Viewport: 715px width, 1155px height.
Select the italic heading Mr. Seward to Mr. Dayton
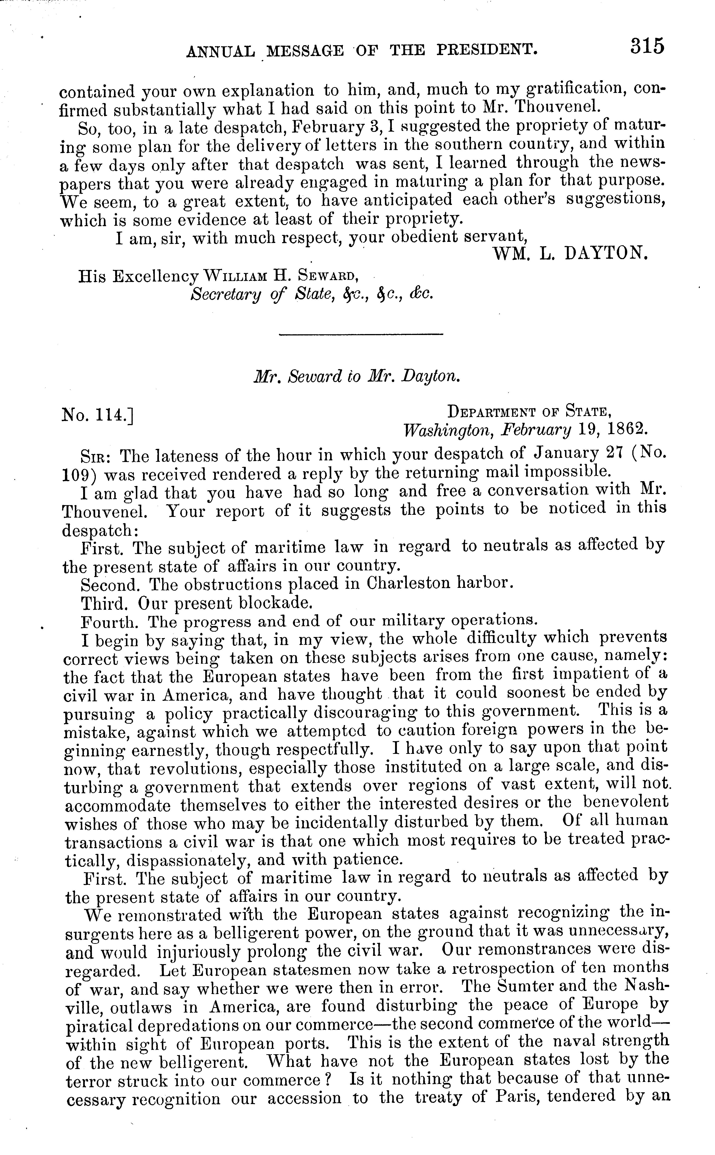coord(357,376)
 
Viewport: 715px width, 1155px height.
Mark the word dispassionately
coord(199,859)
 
